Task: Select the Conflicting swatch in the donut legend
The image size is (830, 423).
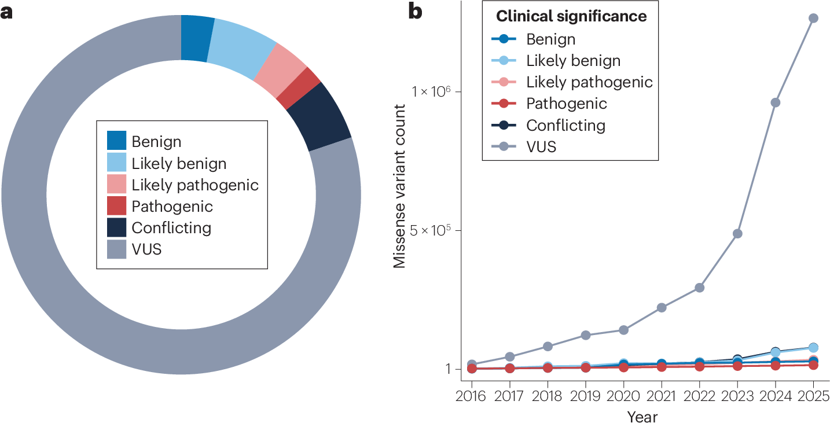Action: [x=116, y=228]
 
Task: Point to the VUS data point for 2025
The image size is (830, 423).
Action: [x=813, y=18]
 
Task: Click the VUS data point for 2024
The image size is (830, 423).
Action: [x=775, y=102]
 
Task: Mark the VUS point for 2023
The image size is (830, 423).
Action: [x=737, y=234]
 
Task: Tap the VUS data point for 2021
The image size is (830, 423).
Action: [x=662, y=307]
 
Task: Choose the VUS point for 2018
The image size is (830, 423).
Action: [x=548, y=347]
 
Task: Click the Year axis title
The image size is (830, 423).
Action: [x=642, y=416]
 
